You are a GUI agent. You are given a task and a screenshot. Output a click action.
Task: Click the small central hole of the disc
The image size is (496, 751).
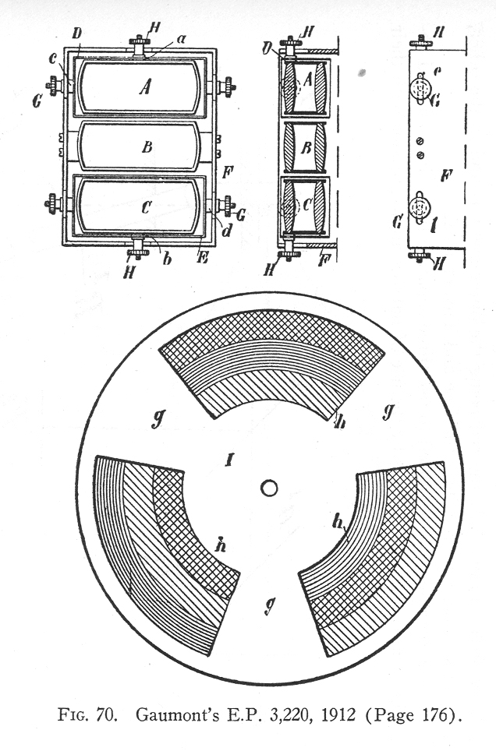tap(269, 488)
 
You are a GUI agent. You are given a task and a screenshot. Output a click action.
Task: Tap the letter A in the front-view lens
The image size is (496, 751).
tap(145, 86)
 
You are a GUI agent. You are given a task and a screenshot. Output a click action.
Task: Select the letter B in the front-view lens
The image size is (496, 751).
tap(147, 146)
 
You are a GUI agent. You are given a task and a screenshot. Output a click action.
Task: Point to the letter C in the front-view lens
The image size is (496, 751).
tap(147, 207)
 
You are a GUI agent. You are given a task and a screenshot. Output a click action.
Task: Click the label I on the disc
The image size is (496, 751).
tap(230, 460)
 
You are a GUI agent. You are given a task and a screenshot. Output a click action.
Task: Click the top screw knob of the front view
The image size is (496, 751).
tap(140, 44)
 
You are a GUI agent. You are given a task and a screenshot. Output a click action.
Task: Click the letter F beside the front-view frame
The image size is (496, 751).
tap(228, 171)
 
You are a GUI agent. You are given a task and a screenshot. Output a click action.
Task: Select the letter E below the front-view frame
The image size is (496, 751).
tap(203, 257)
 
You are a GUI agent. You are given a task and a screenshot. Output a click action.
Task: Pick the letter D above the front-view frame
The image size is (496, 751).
tap(77, 34)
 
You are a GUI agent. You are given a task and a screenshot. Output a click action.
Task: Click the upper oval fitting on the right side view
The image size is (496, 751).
tap(420, 88)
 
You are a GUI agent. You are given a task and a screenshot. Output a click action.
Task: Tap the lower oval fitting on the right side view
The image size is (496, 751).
tap(420, 207)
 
